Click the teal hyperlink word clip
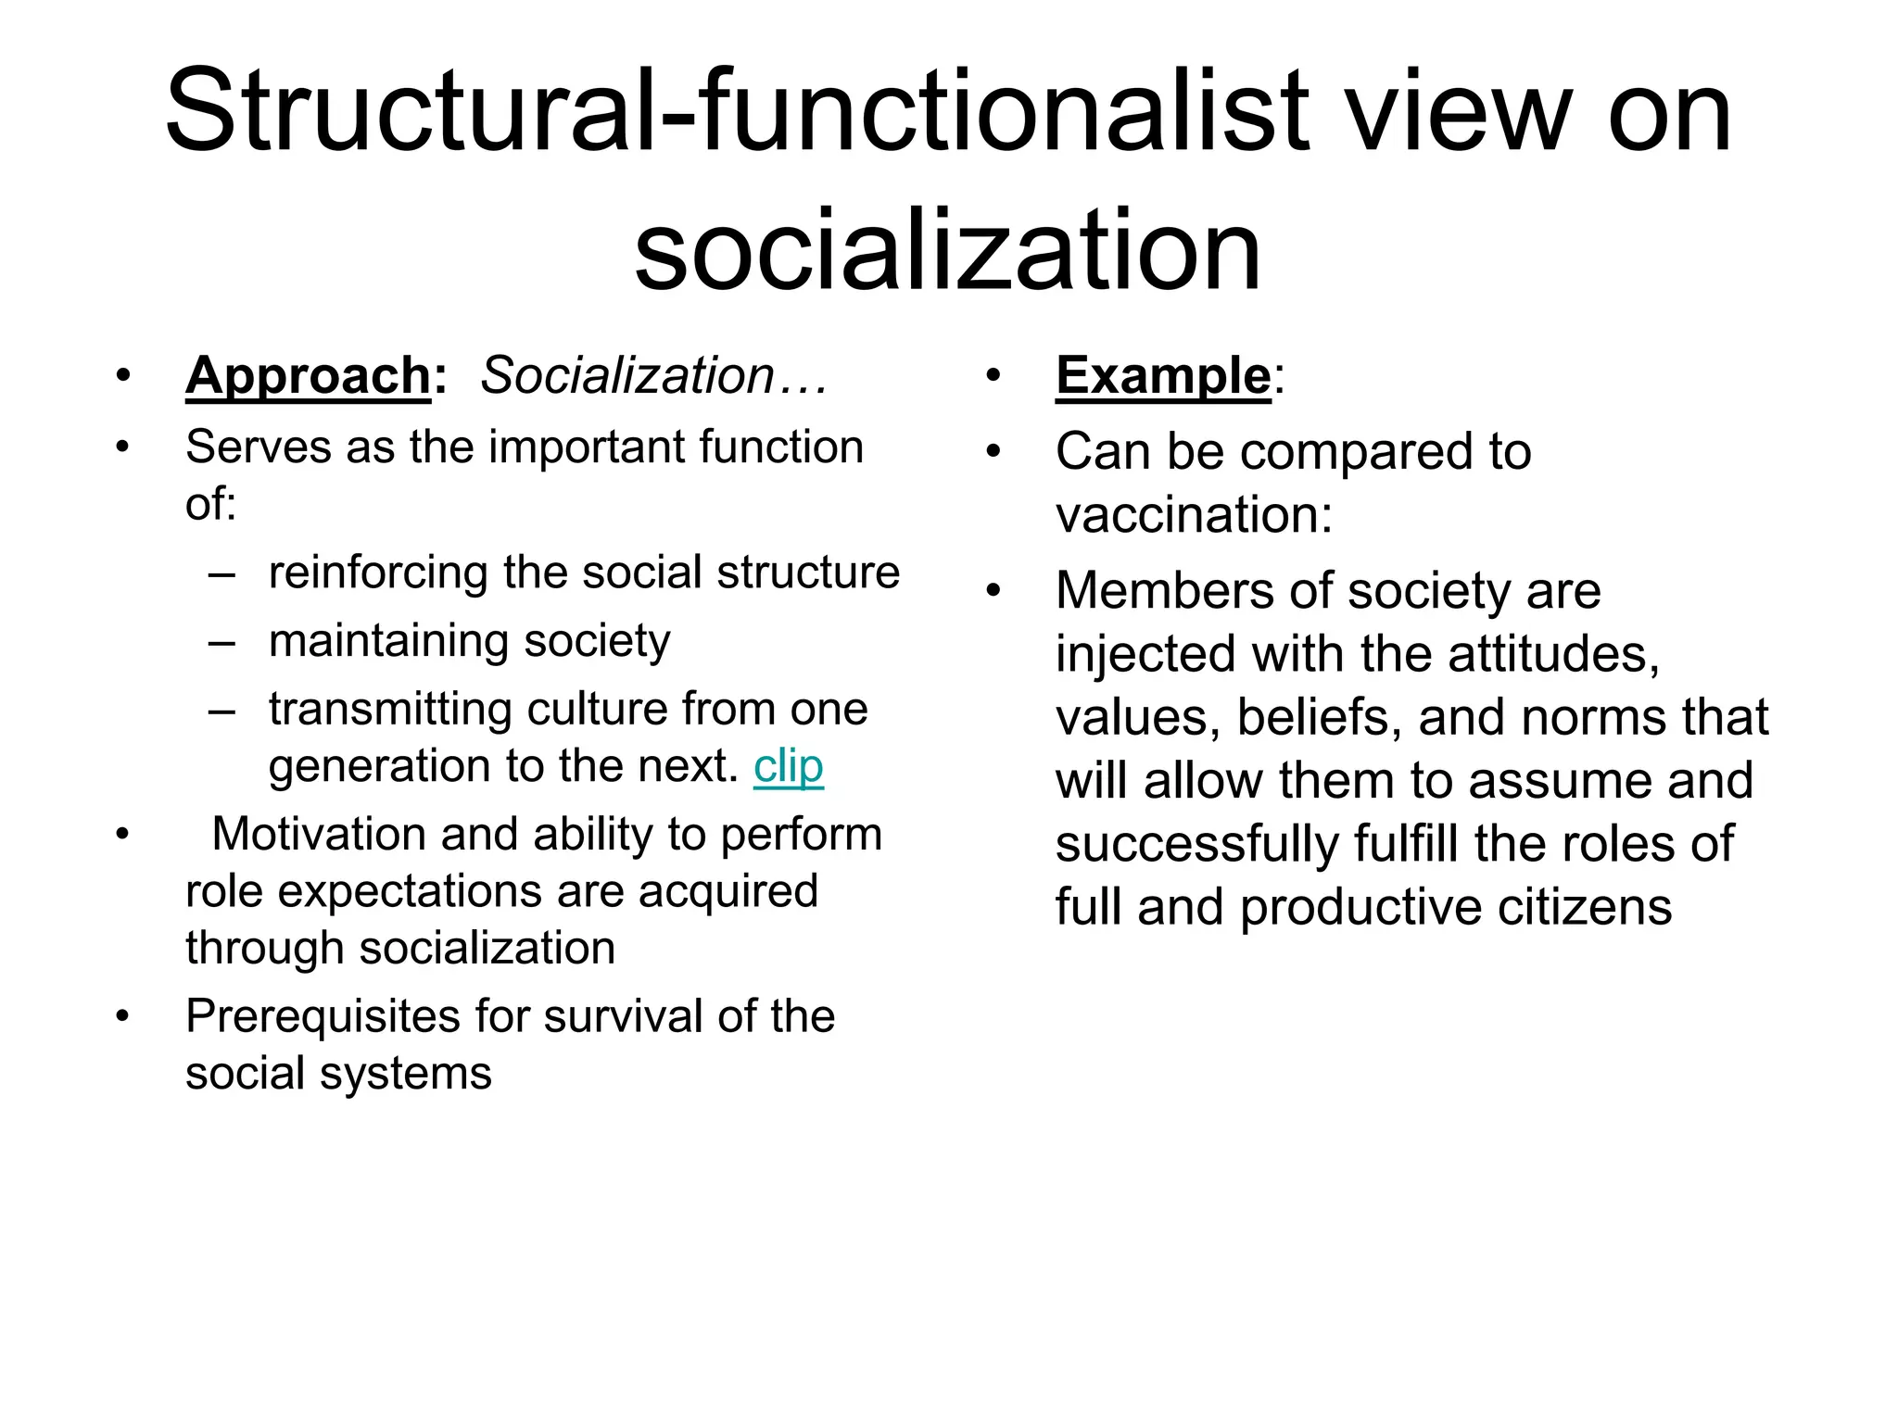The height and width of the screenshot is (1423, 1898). tap(788, 767)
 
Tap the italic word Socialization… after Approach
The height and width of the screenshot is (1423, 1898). tap(652, 376)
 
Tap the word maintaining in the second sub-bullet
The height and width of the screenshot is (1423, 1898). tap(388, 641)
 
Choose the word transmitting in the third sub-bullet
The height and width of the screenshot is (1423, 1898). tap(390, 710)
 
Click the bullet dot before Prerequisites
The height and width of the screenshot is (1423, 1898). tap(122, 1017)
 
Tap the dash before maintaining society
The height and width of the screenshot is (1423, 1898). tap(221, 642)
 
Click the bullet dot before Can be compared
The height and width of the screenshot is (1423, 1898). tap(993, 452)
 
